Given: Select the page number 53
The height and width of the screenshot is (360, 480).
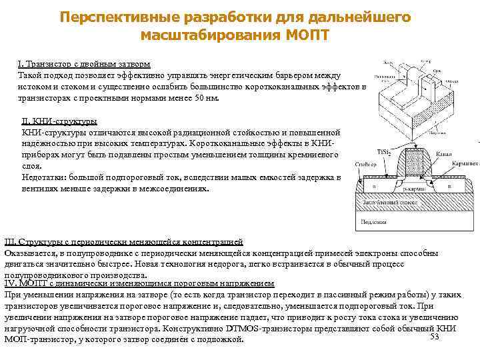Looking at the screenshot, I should pos(435,337).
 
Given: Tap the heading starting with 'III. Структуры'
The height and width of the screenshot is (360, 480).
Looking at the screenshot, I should pos(123,241).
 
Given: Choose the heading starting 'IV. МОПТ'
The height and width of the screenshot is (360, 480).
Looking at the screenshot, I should pos(139,283).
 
